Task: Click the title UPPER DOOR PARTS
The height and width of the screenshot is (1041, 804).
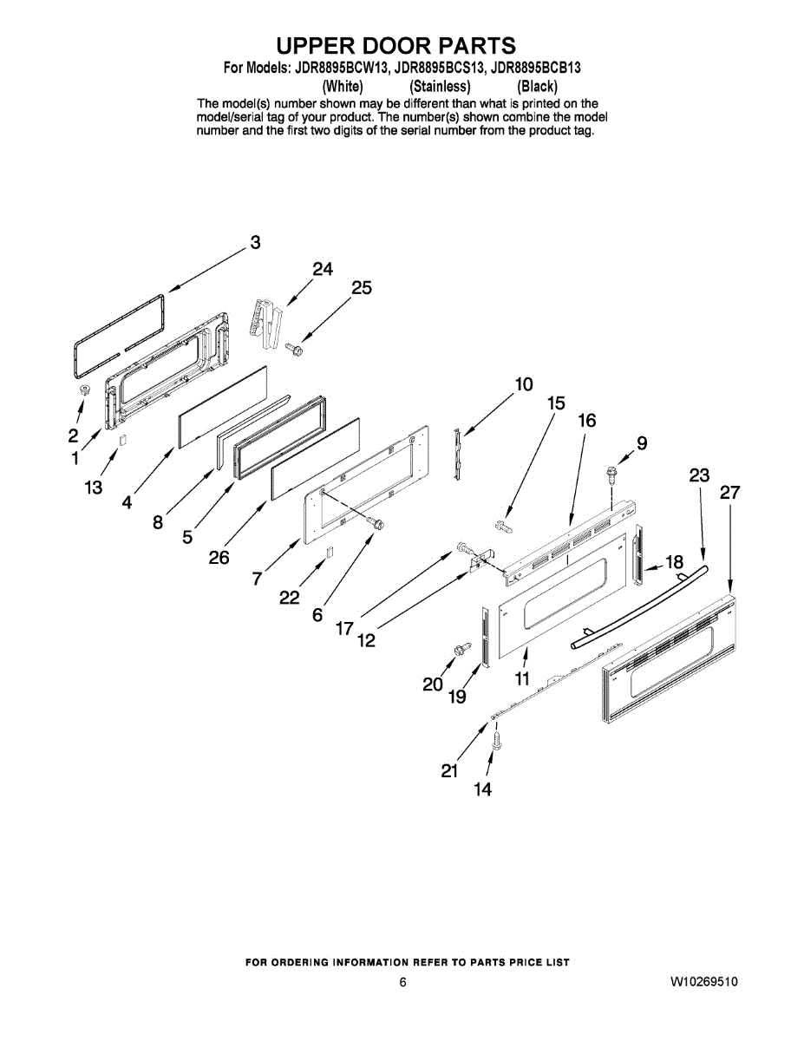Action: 395,45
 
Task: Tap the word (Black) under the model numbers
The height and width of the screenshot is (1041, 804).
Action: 537,87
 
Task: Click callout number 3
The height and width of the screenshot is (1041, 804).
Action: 255,243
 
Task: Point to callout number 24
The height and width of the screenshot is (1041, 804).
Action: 323,270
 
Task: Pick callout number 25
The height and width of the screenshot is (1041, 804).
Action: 362,288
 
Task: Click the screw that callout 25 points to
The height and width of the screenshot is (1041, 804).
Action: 293,349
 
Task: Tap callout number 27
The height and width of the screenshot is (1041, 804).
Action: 729,493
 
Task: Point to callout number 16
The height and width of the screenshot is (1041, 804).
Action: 587,421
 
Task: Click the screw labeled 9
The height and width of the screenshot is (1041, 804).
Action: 612,474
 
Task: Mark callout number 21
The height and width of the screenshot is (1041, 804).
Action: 449,770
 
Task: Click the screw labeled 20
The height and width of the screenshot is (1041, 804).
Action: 458,648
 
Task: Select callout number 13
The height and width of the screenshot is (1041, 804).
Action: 94,488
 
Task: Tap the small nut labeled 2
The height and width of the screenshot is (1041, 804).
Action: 85,392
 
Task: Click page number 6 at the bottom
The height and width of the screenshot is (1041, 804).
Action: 402,982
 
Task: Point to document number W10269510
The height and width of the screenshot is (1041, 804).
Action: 703,982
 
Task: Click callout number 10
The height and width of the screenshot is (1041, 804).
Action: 524,384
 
